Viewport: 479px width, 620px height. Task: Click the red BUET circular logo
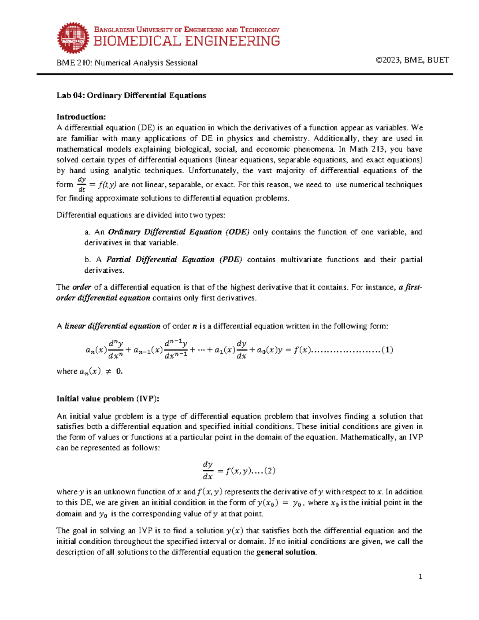coord(73,38)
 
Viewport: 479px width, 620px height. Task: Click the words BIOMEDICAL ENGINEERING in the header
coord(186,41)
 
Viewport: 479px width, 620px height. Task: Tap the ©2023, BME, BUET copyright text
coord(412,60)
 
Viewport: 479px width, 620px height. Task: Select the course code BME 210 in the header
coord(73,63)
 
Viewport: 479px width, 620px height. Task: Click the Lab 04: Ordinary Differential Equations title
coord(131,95)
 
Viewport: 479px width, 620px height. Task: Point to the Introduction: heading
coord(81,117)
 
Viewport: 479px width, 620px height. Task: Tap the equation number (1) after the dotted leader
coord(387,350)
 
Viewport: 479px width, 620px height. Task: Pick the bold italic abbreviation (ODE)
coord(238,232)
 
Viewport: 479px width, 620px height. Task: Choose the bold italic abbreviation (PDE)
coord(231,259)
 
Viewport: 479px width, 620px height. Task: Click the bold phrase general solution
coord(286,552)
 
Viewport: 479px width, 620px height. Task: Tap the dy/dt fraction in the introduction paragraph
coord(82,184)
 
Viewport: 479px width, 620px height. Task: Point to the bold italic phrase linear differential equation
coord(112,326)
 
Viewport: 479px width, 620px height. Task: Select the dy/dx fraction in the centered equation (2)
coord(208,470)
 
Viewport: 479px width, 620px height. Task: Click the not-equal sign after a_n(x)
coord(108,371)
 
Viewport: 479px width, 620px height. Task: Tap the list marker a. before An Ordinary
coord(87,232)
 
